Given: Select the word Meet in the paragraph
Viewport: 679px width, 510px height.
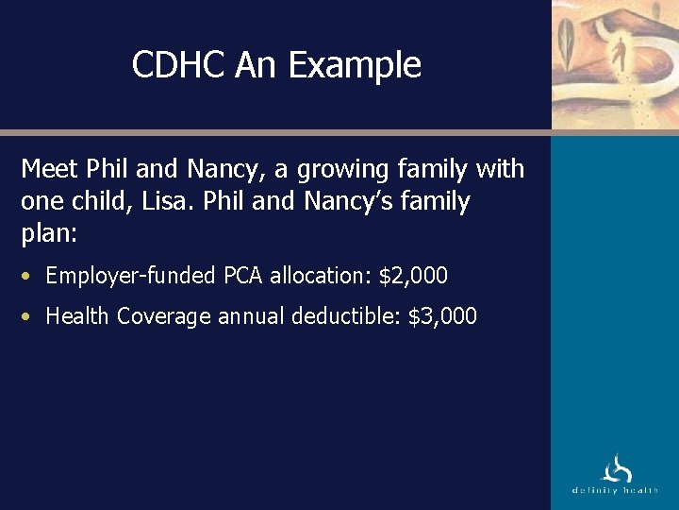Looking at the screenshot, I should coord(49,170).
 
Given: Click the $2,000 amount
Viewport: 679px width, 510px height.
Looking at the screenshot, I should coord(413,276).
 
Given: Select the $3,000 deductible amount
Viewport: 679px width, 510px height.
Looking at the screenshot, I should coord(442,315).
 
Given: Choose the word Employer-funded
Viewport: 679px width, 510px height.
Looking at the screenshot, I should coord(131,276).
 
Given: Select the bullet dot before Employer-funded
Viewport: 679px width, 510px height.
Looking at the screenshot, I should coord(28,277).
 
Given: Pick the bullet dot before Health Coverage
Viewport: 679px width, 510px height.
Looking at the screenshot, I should coord(28,316).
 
